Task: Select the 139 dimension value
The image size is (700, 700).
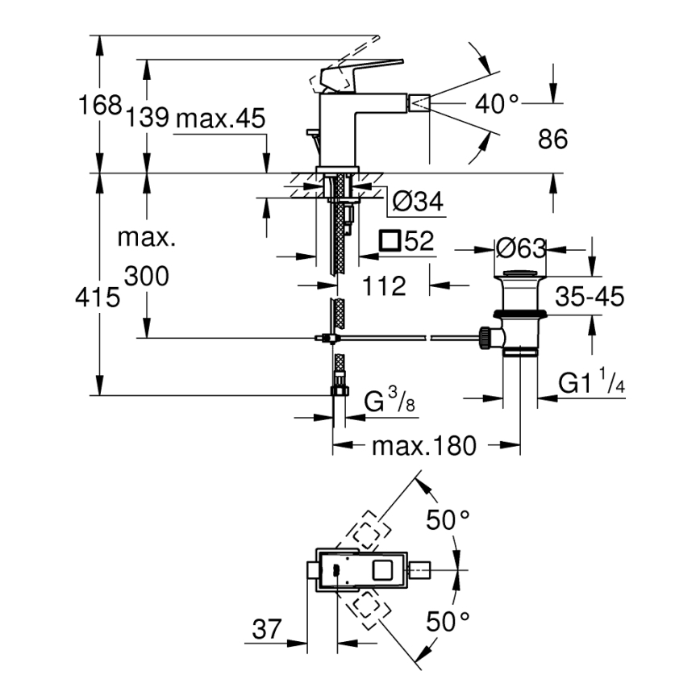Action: [147, 119]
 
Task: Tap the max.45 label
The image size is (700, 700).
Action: [220, 119]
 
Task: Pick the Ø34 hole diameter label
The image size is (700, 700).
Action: [416, 202]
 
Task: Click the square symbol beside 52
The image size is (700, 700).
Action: [390, 240]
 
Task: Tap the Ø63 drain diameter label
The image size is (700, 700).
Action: [521, 247]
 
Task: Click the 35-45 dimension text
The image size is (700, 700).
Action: [588, 298]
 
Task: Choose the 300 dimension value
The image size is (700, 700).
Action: [147, 277]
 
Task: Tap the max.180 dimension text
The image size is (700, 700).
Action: [424, 445]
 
